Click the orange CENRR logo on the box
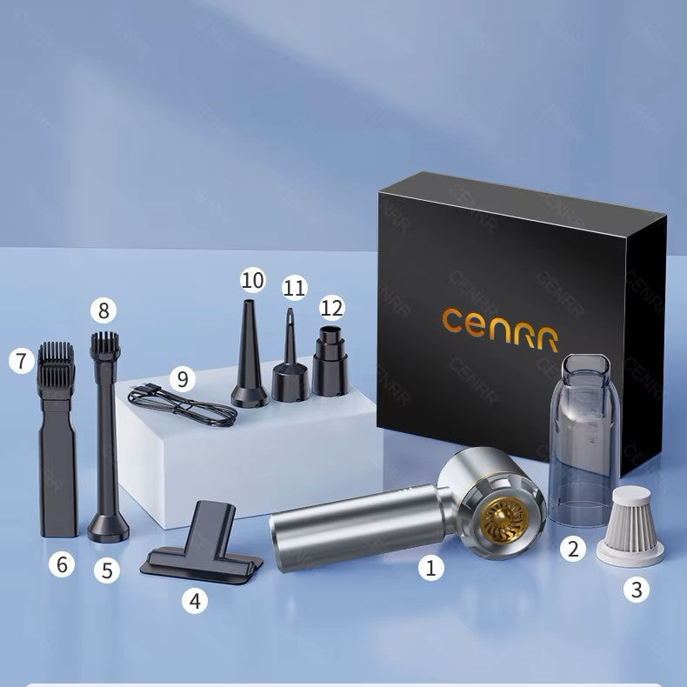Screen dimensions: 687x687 (x=500, y=329)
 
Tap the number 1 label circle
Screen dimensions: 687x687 (x=431, y=568)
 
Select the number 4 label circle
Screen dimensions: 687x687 (x=195, y=600)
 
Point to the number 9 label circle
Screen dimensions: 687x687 (x=183, y=379)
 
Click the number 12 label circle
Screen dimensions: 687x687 (x=331, y=308)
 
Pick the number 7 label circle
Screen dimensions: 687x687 (x=22, y=361)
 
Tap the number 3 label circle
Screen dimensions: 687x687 (x=637, y=590)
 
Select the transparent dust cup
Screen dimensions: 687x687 (x=584, y=441)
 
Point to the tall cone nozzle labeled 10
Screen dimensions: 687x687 (x=249, y=353)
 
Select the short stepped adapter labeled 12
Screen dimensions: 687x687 (x=330, y=361)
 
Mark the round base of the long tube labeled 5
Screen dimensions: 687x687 (x=108, y=529)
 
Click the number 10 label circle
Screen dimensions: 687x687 (x=253, y=280)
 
